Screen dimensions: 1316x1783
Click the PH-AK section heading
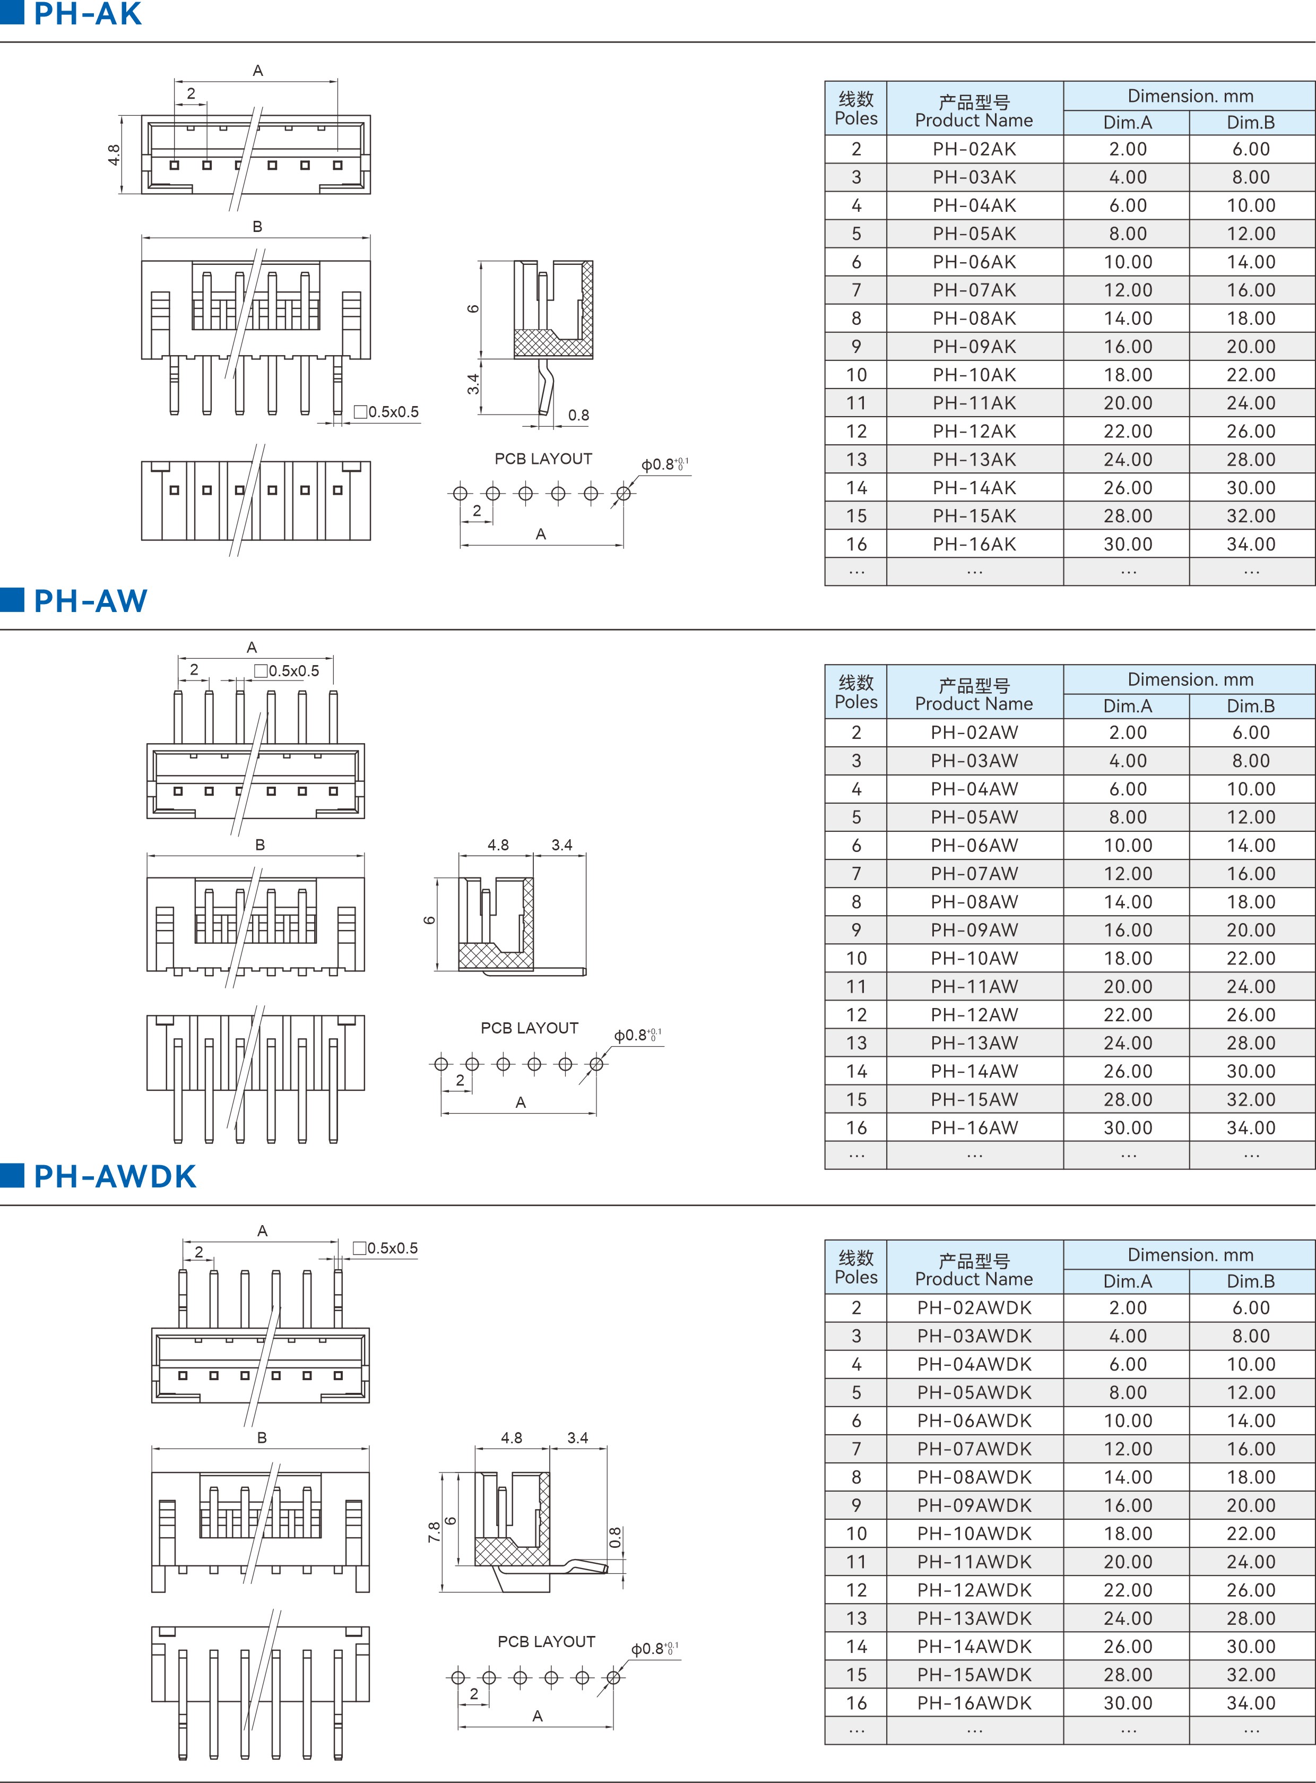point(88,14)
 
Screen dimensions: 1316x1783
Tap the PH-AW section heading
point(90,601)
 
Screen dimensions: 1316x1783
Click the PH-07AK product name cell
point(974,290)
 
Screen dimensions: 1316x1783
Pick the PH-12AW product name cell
point(974,1014)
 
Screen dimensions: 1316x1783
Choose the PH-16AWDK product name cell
point(974,1702)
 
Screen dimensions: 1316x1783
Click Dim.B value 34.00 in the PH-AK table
point(1251,544)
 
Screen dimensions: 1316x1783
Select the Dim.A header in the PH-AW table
point(1127,706)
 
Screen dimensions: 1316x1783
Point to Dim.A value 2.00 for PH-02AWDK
point(1127,1307)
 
